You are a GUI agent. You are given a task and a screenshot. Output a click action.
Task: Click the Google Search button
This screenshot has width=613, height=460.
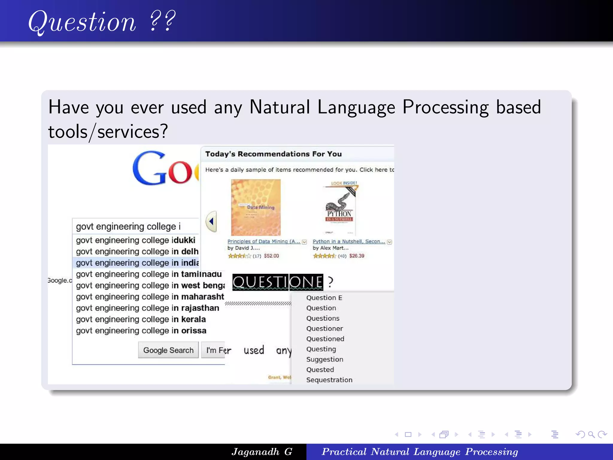[168, 350]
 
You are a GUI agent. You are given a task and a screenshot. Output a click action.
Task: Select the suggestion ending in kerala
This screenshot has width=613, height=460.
[141, 319]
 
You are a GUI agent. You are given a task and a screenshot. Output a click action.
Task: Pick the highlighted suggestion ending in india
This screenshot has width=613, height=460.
[137, 263]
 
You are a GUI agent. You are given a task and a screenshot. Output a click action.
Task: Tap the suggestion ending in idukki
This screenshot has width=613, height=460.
[135, 240]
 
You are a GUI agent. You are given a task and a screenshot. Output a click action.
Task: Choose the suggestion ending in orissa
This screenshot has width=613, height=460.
[141, 331]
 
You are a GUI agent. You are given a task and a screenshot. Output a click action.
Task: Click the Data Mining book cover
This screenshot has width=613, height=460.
[256, 207]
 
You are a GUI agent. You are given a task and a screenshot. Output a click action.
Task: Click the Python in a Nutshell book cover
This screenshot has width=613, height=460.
[340, 208]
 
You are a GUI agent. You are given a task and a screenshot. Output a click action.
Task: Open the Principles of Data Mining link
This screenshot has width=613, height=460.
[264, 241]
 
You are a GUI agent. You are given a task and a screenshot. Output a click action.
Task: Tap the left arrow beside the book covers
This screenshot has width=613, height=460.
[211, 221]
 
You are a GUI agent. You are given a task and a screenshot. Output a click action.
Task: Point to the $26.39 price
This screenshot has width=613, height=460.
[356, 256]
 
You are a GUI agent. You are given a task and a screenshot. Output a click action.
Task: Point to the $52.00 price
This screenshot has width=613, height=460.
[271, 256]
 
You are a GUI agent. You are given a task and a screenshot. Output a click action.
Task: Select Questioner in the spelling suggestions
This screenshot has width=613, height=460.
[324, 329]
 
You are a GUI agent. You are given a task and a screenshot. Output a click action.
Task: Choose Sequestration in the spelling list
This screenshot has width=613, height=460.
[329, 380]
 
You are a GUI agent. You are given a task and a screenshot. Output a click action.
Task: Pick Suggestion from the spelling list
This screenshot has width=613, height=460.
[324, 359]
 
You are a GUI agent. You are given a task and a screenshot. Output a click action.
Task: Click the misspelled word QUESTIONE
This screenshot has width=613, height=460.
[277, 282]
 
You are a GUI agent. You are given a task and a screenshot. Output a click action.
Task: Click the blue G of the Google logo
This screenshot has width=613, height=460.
[149, 168]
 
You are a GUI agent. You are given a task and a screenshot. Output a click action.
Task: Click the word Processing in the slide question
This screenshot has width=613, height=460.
[445, 107]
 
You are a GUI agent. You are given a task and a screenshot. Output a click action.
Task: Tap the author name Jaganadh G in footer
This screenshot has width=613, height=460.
[262, 452]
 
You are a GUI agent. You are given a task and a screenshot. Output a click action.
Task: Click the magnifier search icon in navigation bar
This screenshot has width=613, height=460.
[591, 434]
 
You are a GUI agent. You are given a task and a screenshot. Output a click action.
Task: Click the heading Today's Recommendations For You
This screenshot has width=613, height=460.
[273, 154]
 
